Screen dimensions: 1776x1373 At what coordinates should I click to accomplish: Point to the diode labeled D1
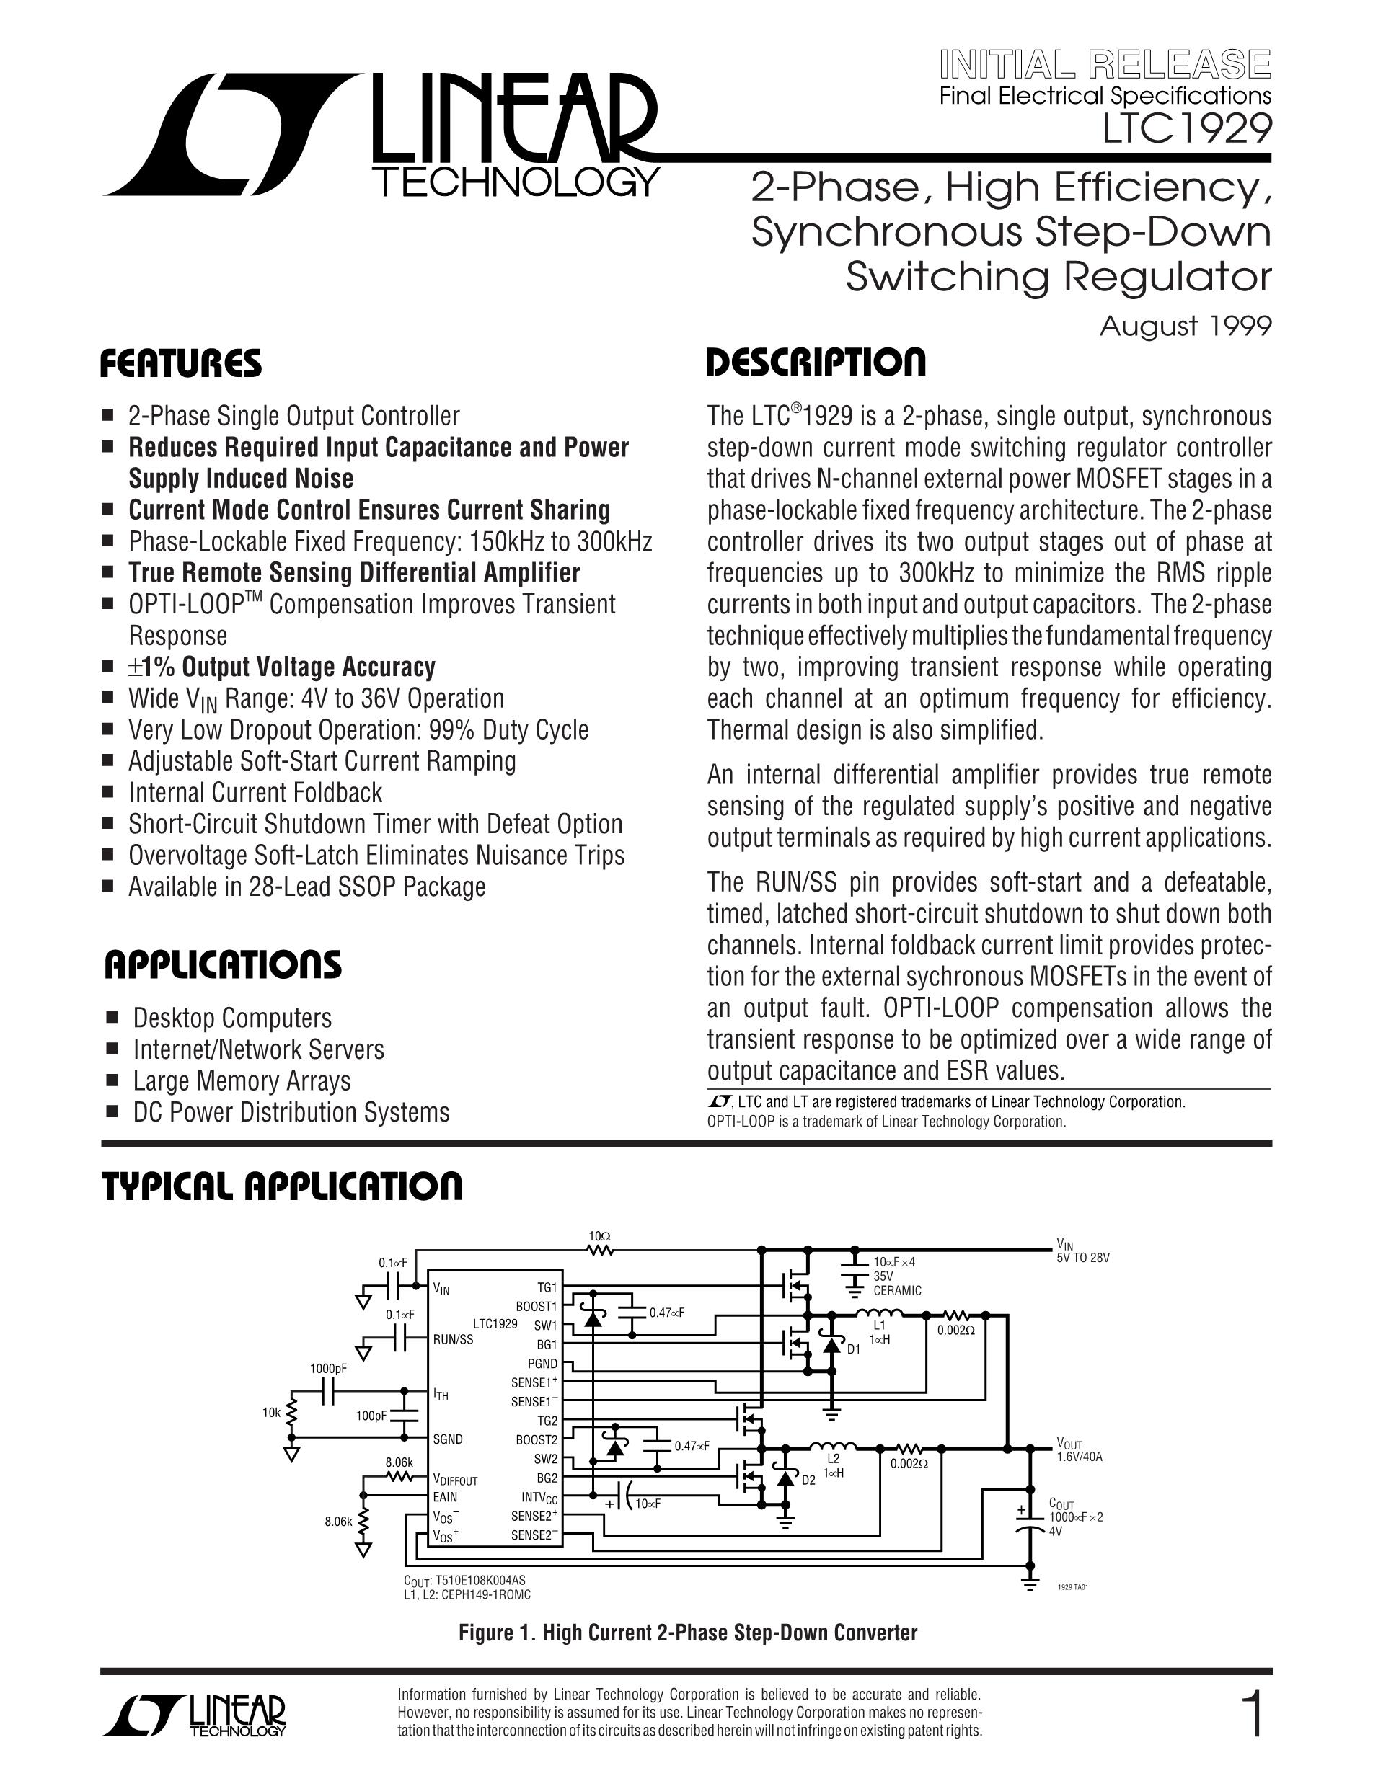(x=831, y=1345)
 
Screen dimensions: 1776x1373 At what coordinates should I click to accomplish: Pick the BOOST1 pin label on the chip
(x=536, y=1307)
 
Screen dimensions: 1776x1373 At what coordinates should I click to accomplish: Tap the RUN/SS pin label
(x=453, y=1338)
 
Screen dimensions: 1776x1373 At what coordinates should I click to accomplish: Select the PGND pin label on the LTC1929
(x=542, y=1364)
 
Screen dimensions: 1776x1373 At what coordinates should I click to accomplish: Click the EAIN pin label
(x=445, y=1497)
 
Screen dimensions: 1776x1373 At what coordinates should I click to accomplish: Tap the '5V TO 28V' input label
(x=1082, y=1257)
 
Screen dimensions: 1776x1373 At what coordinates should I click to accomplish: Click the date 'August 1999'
(x=1185, y=326)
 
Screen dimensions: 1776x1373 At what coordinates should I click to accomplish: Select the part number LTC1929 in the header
(x=1187, y=128)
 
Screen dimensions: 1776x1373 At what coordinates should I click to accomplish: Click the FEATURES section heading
(x=180, y=363)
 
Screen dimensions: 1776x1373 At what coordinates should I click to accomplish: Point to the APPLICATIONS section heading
(x=223, y=965)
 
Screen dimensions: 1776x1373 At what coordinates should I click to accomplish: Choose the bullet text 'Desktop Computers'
(x=231, y=1018)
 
